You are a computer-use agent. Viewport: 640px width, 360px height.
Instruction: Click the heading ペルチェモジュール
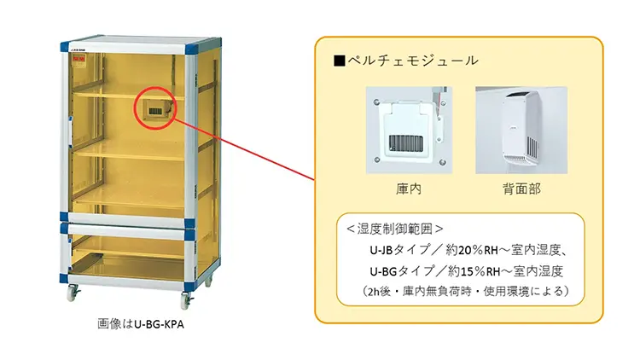[413, 61]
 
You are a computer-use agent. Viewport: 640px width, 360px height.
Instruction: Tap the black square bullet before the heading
[340, 61]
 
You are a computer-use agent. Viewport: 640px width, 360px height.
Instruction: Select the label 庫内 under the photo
[409, 189]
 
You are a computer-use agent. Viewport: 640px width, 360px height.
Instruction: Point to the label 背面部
[521, 189]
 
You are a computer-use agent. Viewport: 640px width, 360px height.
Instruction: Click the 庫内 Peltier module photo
[409, 130]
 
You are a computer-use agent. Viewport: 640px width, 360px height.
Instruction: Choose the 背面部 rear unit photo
[521, 130]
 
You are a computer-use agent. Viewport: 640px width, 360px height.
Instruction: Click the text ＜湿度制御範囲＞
[395, 229]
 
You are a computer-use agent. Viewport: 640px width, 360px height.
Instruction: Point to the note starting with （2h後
[465, 291]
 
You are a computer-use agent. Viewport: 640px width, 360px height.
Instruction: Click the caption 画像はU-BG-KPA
[141, 324]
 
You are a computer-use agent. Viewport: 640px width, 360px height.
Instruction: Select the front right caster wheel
[186, 301]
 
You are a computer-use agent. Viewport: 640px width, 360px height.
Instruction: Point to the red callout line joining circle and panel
[245, 149]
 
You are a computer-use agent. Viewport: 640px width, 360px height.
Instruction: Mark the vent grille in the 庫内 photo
[405, 142]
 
